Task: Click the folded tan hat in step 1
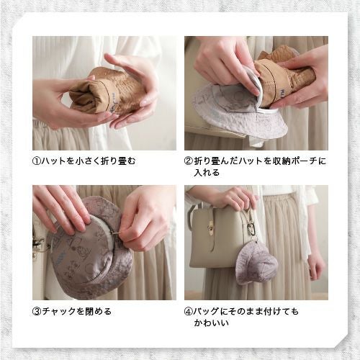pyautogui.click(x=108, y=92)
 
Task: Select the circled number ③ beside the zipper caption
pyautogui.click(x=37, y=312)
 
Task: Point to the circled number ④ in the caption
pyautogui.click(x=189, y=312)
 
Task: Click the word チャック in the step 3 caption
pyautogui.click(x=60, y=312)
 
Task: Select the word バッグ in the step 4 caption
pyautogui.click(x=209, y=312)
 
